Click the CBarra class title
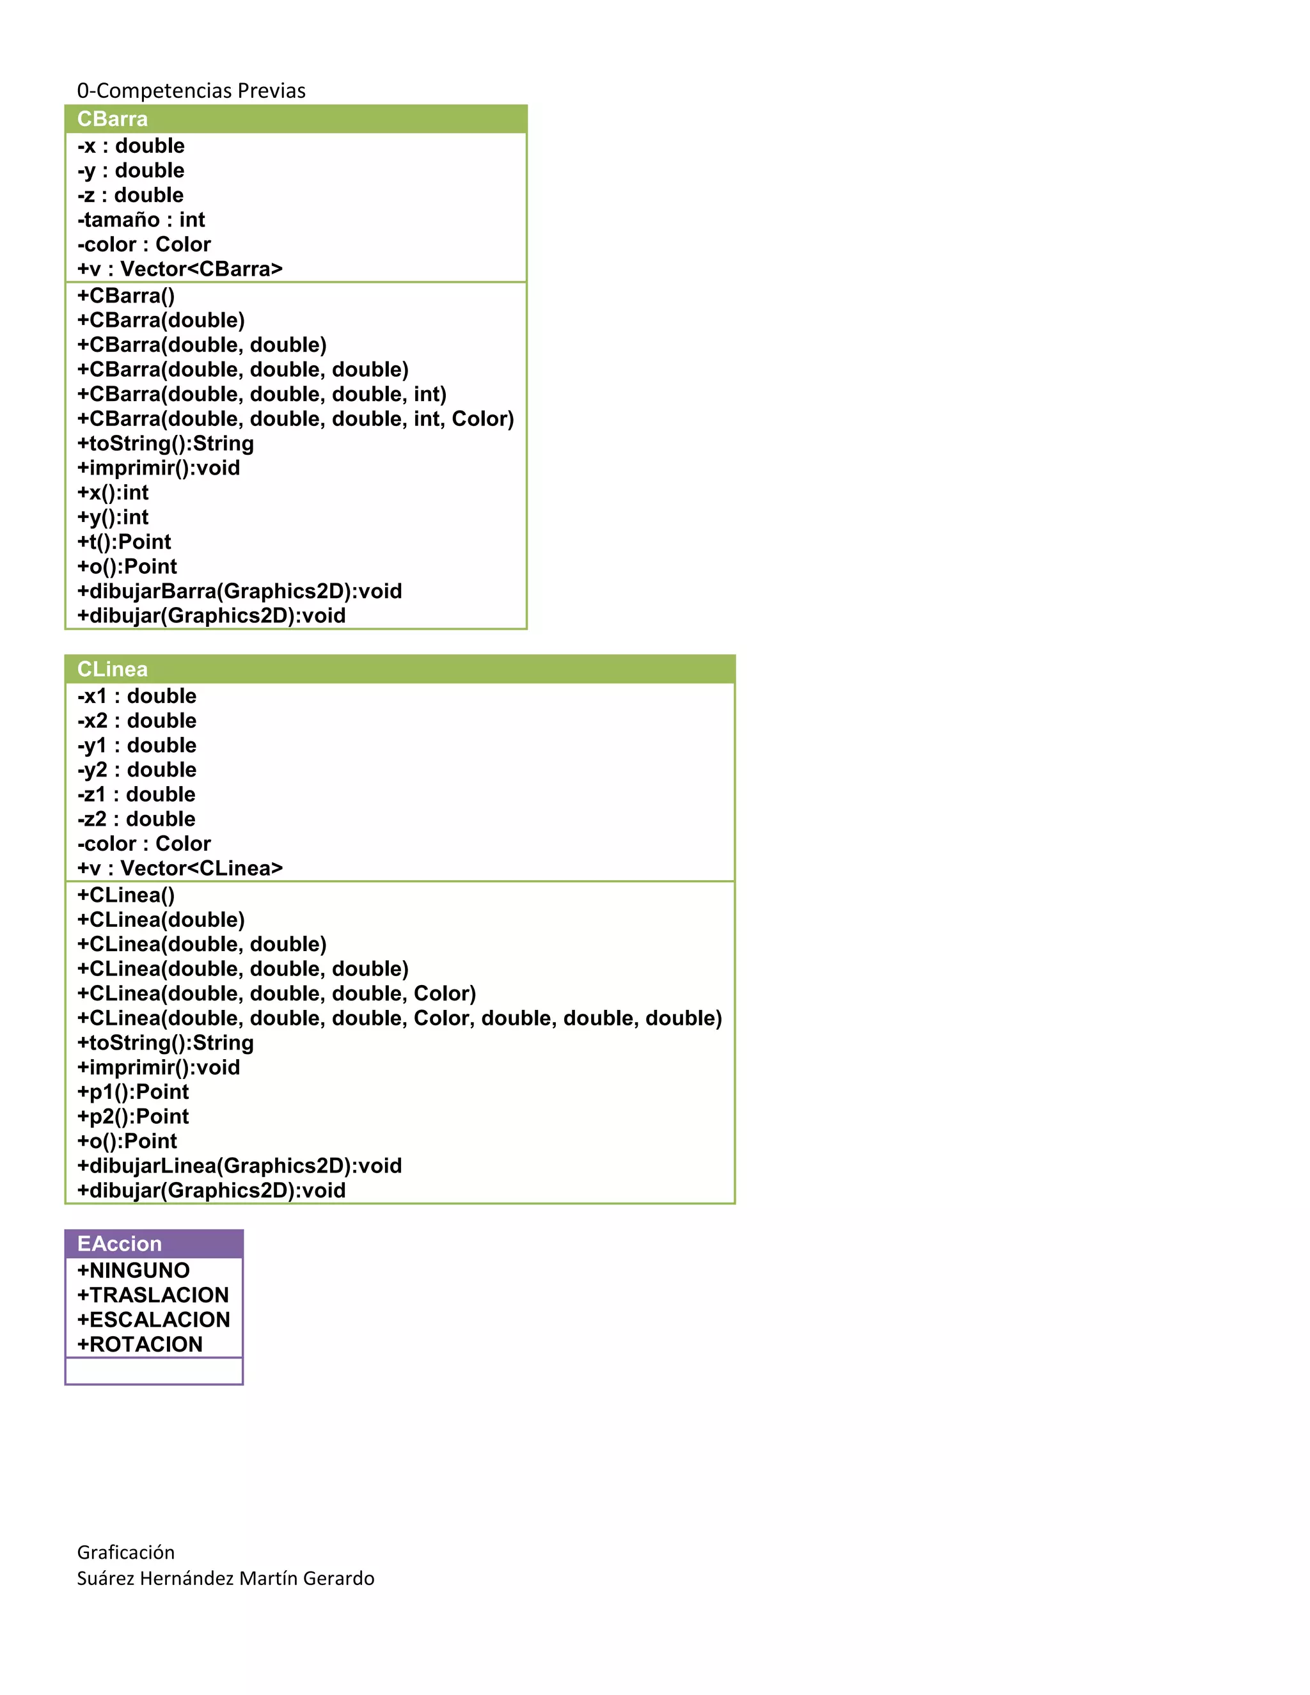point(113,119)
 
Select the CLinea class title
point(113,669)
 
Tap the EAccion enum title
point(120,1243)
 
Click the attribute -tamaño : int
point(141,219)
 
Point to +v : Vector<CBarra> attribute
point(180,269)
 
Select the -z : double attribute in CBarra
point(130,195)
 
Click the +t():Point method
point(124,542)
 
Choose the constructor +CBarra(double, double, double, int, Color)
point(296,418)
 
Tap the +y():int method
point(113,517)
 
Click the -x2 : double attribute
point(137,720)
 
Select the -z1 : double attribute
point(137,794)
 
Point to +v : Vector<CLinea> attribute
point(180,868)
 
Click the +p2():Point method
point(132,1116)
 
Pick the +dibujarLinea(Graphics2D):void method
point(240,1165)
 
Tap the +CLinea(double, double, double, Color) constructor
point(276,993)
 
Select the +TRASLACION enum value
point(153,1295)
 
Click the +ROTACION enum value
point(139,1344)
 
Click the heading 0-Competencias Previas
point(191,91)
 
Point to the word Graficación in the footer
point(126,1552)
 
